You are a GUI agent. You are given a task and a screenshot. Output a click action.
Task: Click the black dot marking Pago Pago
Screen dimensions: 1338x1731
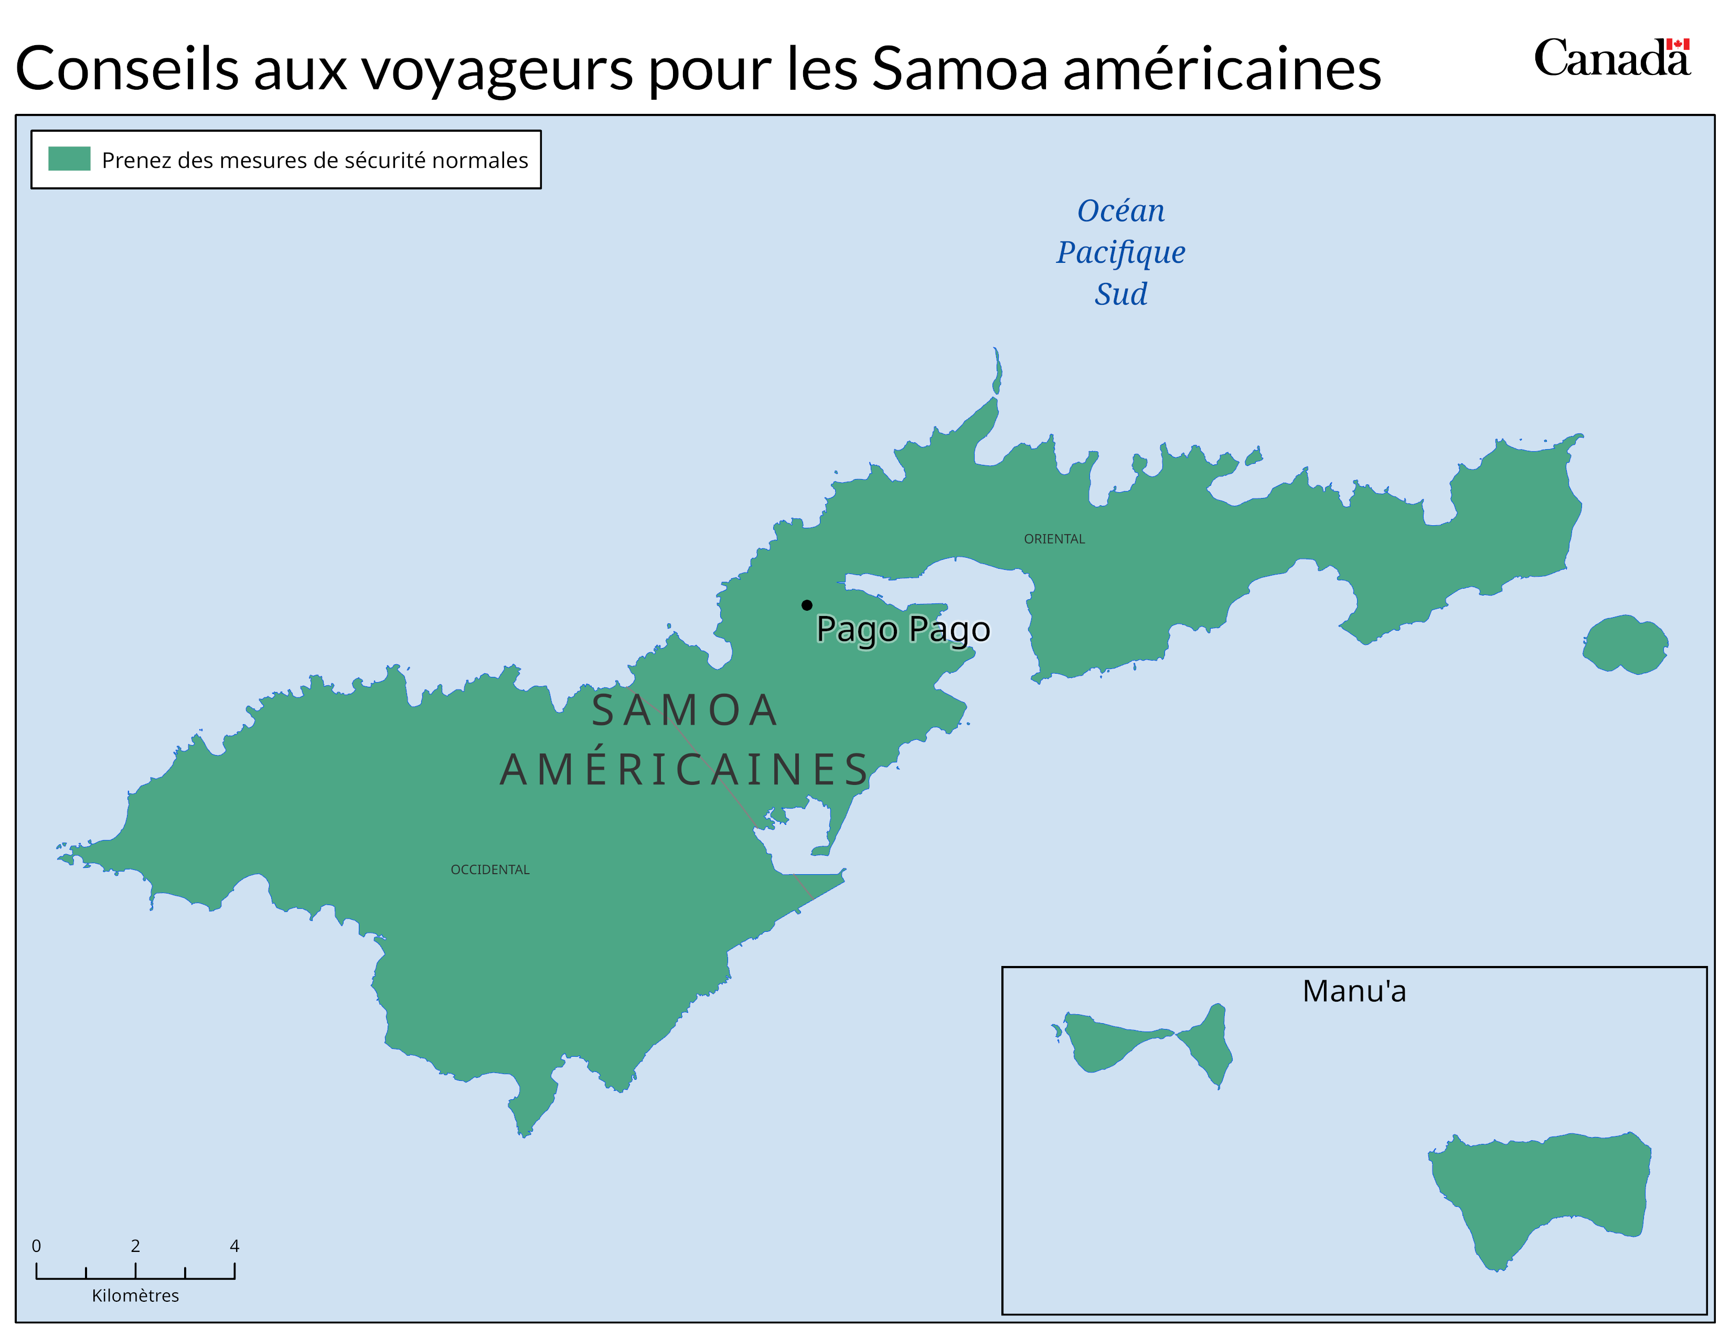pyautogui.click(x=806, y=605)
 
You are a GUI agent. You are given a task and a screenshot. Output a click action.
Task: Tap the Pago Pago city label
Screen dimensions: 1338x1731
pyautogui.click(x=903, y=629)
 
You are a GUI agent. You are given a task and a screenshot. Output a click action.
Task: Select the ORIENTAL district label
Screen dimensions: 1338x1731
pyautogui.click(x=1054, y=539)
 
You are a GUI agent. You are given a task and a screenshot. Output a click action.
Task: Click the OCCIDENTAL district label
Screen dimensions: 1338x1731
pyautogui.click(x=490, y=869)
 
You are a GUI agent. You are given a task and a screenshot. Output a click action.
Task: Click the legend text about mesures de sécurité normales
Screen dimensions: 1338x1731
pyautogui.click(x=315, y=160)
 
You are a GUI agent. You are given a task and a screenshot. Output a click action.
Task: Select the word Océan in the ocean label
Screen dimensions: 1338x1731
pyautogui.click(x=1121, y=211)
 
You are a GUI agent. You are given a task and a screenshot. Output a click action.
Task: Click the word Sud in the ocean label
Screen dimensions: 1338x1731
pyautogui.click(x=1121, y=294)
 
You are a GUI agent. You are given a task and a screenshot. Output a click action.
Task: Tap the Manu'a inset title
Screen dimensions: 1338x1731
pyautogui.click(x=1354, y=991)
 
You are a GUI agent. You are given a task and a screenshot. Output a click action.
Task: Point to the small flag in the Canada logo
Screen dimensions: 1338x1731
pyautogui.click(x=1678, y=45)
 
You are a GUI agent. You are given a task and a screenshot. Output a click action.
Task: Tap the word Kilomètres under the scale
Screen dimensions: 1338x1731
pyautogui.click(x=135, y=1295)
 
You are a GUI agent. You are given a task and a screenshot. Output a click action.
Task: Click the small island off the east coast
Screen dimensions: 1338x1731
pyautogui.click(x=1625, y=644)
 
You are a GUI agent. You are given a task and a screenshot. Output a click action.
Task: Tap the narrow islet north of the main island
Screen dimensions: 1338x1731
pyautogui.click(x=997, y=373)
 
